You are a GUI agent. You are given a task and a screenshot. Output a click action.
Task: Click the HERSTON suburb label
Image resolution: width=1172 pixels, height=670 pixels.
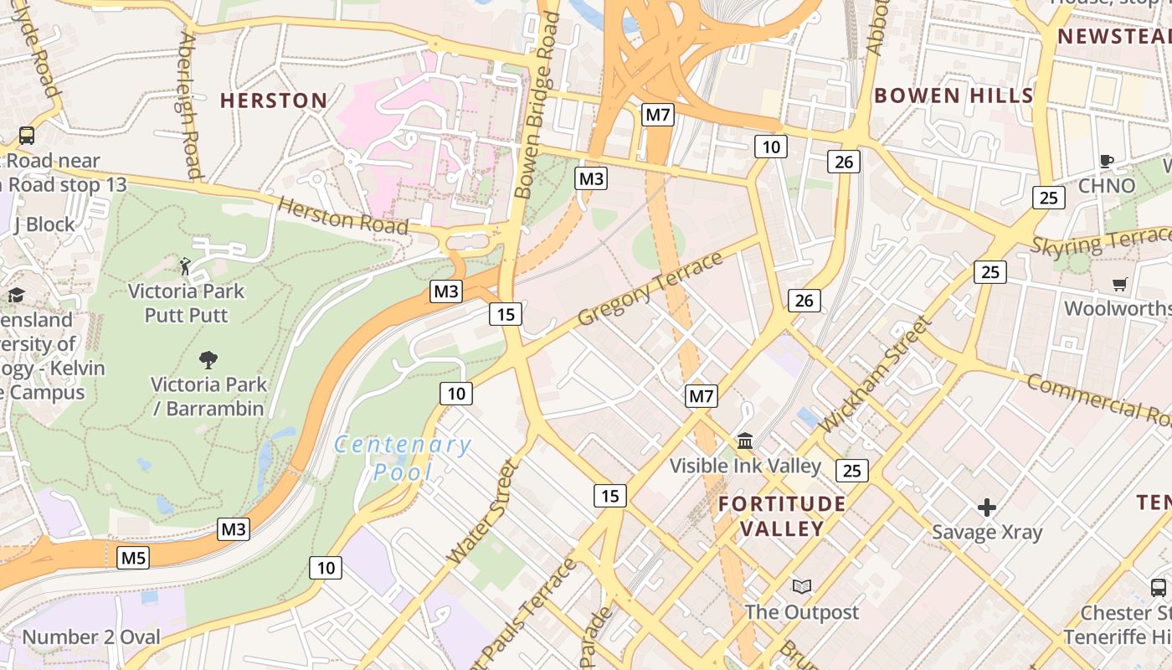(x=274, y=100)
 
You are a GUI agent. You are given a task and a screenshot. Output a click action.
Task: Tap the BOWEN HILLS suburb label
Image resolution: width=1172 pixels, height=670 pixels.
(x=954, y=95)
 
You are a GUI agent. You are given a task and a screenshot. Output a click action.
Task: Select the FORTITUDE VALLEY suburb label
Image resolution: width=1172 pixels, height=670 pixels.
(x=782, y=516)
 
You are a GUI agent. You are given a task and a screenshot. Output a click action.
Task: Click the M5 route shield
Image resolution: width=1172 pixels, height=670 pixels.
(x=133, y=557)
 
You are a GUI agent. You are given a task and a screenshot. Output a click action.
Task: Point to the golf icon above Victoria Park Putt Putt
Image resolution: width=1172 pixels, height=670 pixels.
(x=185, y=267)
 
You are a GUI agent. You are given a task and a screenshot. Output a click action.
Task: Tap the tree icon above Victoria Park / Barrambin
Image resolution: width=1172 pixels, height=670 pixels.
(x=208, y=360)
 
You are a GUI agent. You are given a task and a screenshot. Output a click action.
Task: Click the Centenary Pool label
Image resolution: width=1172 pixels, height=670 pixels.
(x=403, y=457)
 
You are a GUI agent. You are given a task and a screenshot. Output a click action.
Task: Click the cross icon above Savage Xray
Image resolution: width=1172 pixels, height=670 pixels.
(x=987, y=507)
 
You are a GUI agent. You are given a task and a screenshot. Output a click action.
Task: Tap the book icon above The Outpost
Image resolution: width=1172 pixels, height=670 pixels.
(x=802, y=586)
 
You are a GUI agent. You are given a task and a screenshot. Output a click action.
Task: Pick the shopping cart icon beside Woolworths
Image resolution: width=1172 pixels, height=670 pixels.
(x=1119, y=285)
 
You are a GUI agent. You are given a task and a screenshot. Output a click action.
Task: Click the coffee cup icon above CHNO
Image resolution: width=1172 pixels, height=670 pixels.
(x=1106, y=161)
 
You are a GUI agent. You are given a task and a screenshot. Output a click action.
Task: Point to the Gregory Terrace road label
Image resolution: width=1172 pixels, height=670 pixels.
(x=650, y=289)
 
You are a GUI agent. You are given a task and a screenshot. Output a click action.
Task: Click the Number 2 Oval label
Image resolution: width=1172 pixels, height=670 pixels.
(x=90, y=636)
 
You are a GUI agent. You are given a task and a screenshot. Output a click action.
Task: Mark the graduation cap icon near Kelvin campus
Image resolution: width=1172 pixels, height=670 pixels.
(x=16, y=295)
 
